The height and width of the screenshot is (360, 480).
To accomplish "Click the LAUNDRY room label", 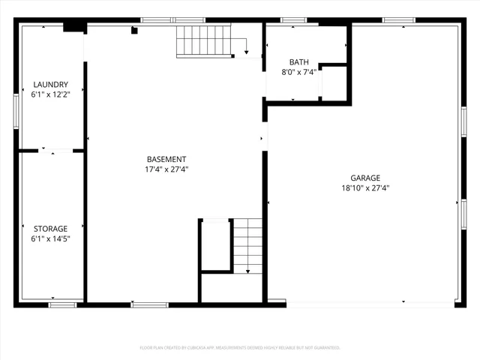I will [50, 85].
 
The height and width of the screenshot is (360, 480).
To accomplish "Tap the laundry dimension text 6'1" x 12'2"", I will [50, 95].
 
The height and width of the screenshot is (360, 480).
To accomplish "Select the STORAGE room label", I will [50, 229].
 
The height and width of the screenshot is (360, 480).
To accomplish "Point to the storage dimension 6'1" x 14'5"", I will [50, 239].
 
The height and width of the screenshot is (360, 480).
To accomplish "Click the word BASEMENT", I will [166, 159].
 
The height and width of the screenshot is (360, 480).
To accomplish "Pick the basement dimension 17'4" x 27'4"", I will [166, 169].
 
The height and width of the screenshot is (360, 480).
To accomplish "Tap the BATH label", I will [298, 62].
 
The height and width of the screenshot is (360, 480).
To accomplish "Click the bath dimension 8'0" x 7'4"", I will [298, 73].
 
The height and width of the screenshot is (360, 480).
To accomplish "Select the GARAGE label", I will [365, 178].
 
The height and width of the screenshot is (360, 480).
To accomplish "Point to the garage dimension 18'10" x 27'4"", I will [365, 189].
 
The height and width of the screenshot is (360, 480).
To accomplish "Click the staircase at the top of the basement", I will [202, 40].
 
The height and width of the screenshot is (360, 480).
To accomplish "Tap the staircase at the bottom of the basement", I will [247, 245].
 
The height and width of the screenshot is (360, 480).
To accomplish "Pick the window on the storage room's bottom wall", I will [62, 304].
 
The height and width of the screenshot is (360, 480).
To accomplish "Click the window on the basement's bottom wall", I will [149, 304].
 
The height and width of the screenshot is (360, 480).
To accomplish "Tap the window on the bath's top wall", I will [293, 20].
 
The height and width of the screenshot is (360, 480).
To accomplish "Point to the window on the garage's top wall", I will [398, 20].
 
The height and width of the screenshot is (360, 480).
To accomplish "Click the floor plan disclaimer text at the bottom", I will [240, 348].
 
